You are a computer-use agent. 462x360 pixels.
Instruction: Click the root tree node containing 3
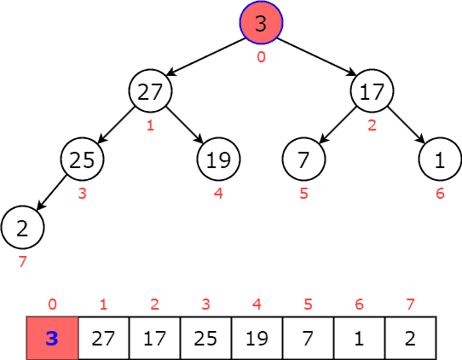[x=261, y=22]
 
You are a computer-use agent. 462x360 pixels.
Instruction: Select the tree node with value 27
[x=151, y=91]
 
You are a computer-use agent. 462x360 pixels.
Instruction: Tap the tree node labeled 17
[x=372, y=91]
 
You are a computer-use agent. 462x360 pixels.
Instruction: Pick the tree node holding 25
[x=83, y=159]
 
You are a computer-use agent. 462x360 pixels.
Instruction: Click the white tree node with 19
[x=219, y=159]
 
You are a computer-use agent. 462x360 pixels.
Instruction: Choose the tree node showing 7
[x=304, y=159]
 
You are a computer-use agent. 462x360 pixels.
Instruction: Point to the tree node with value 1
[x=440, y=159]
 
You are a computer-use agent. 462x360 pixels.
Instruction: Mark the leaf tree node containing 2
[x=22, y=227]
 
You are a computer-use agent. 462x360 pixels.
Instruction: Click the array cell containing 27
[x=103, y=338]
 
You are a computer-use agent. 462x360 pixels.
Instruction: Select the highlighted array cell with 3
[x=52, y=338]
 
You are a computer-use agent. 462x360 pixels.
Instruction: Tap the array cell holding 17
[x=154, y=338]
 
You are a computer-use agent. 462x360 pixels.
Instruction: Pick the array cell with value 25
[x=205, y=338]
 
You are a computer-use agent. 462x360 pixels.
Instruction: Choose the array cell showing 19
[x=257, y=338]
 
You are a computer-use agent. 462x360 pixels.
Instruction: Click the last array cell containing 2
[x=410, y=338]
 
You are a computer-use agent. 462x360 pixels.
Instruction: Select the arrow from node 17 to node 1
[x=407, y=125]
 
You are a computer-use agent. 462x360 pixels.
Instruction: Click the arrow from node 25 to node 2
[x=53, y=193]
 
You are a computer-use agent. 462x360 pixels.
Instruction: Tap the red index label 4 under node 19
[x=219, y=194]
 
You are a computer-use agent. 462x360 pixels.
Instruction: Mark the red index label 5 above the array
[x=308, y=304]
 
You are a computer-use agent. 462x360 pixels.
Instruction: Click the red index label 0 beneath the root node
[x=261, y=57]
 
